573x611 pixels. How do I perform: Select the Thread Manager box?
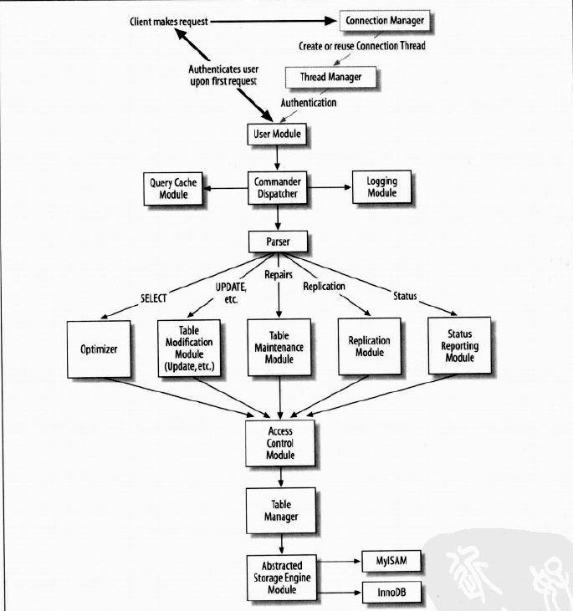tap(332, 76)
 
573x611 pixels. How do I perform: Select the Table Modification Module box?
tap(189, 348)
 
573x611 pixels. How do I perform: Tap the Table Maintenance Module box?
tap(279, 348)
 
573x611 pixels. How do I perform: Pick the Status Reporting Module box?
tap(459, 346)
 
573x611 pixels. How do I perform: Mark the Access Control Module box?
tap(280, 444)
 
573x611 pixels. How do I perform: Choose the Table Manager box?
tap(280, 512)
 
